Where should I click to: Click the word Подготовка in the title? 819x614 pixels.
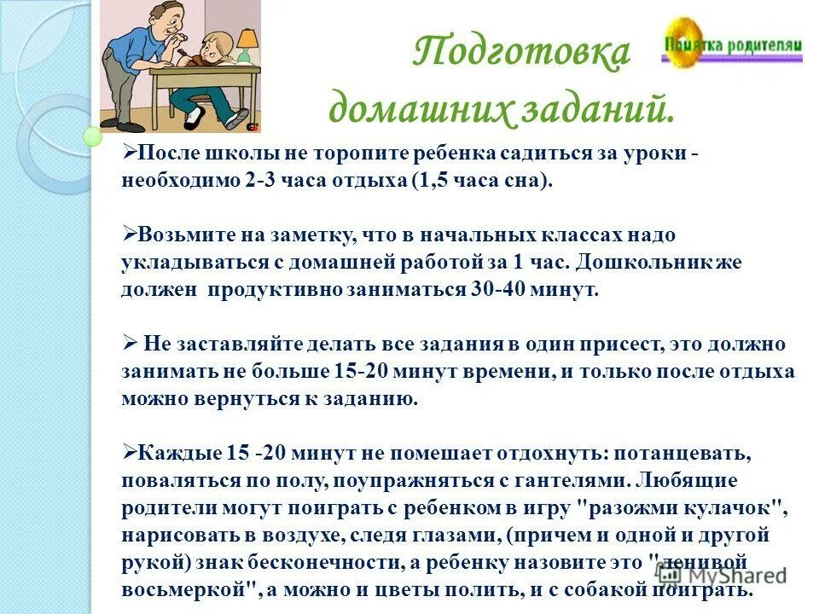tap(521, 53)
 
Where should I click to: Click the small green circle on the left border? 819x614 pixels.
tap(92, 135)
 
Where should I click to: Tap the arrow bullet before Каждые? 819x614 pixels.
tap(129, 452)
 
